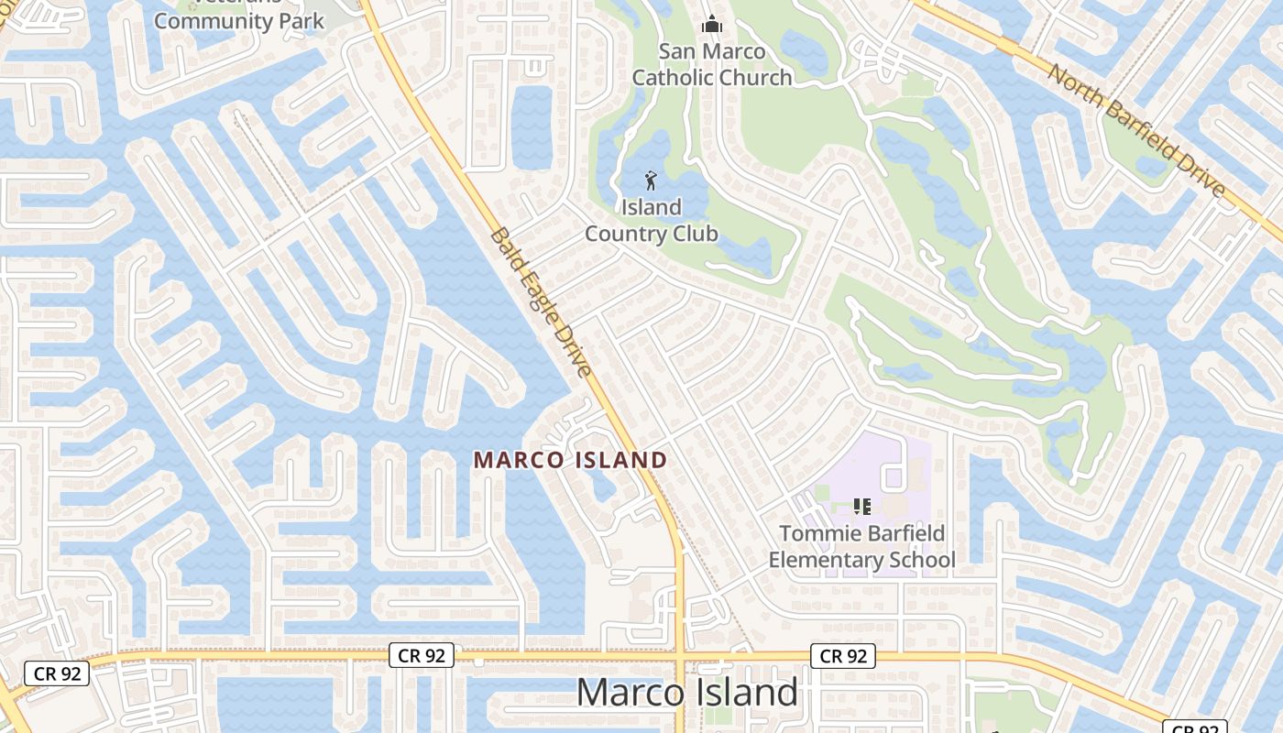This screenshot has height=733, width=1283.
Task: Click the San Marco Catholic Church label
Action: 712,63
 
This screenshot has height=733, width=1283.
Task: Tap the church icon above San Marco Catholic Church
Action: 712,25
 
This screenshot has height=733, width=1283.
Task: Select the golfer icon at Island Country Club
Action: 652,180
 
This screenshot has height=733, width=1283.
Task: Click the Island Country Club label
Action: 652,220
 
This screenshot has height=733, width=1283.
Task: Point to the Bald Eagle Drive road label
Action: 542,301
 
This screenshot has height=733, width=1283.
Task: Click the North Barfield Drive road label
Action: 1136,129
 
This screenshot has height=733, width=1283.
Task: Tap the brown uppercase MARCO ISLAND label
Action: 570,460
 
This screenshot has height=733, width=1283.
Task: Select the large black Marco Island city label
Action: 687,692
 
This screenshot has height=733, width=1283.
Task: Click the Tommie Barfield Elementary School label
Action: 861,546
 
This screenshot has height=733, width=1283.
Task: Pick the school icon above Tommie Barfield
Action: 861,506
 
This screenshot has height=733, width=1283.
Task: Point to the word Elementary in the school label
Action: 824,560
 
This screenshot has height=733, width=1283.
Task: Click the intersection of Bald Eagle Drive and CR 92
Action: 681,657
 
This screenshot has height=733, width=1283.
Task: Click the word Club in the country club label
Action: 696,234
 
